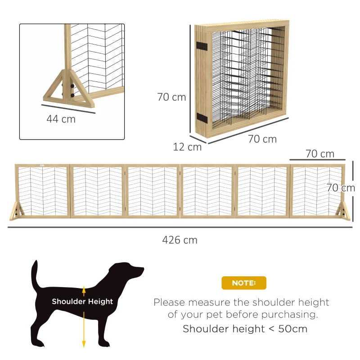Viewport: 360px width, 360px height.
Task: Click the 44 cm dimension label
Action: [61, 119]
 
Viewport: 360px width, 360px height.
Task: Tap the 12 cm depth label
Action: [187, 147]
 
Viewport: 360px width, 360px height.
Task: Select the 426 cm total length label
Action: [180, 240]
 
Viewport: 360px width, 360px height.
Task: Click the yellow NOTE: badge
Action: [244, 283]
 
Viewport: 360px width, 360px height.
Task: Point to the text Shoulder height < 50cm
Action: [245, 329]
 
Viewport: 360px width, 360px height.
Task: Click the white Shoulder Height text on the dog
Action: [82, 301]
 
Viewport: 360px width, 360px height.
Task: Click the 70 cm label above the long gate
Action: [320, 154]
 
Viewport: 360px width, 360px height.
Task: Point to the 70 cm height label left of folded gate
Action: [171, 97]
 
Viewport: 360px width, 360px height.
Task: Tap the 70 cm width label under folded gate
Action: [262, 139]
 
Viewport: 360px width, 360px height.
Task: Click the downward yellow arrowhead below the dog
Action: [84, 344]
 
